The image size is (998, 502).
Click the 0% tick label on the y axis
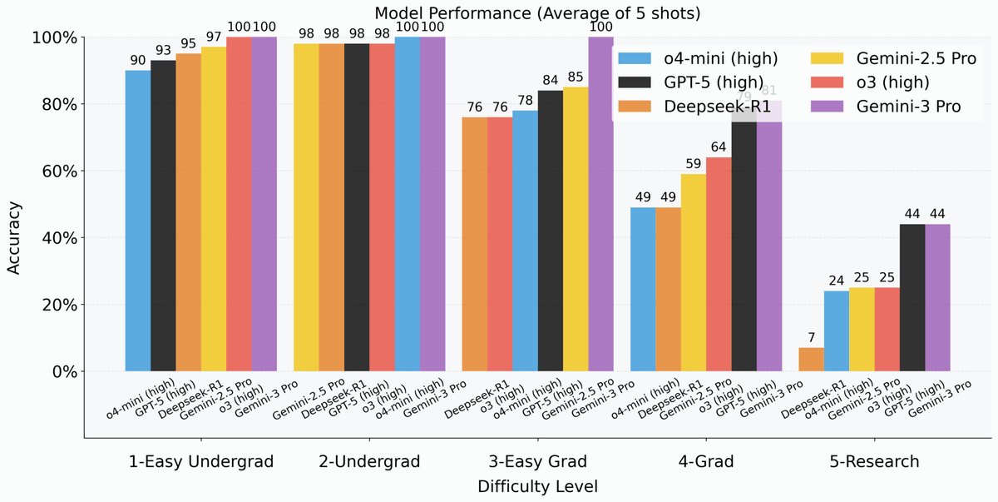[x=61, y=371]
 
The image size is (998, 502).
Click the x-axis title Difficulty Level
[x=537, y=485]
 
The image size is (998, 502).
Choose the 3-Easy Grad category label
[x=537, y=461]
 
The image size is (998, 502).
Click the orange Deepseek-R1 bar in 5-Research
[x=811, y=360]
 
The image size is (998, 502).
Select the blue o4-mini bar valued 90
[x=138, y=221]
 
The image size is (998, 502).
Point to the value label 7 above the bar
[x=811, y=338]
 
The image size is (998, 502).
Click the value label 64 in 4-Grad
[x=719, y=147]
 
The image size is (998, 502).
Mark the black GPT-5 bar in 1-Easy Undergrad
[x=163, y=216]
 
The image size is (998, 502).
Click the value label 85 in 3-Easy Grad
[x=575, y=77]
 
